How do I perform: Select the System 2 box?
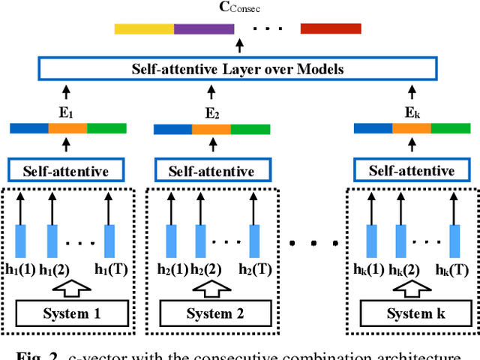pos(214,313)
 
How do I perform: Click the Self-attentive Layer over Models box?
pos(238,70)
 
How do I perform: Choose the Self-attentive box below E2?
pos(211,170)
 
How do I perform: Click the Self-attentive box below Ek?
pos(411,170)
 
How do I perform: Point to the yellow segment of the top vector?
pos(144,28)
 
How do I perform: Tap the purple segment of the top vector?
pos(203,28)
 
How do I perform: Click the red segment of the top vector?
pos(325,28)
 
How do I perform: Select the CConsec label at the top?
pos(239,9)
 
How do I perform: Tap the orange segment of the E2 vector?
pos(211,129)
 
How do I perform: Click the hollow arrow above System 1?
pos(69,287)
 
